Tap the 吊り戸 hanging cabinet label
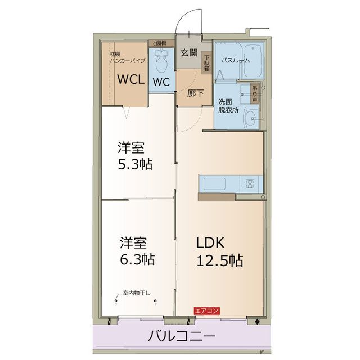255,93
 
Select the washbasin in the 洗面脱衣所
250,118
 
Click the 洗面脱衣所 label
227,106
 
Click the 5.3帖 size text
135,165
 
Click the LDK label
210,242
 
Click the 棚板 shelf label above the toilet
161,43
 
